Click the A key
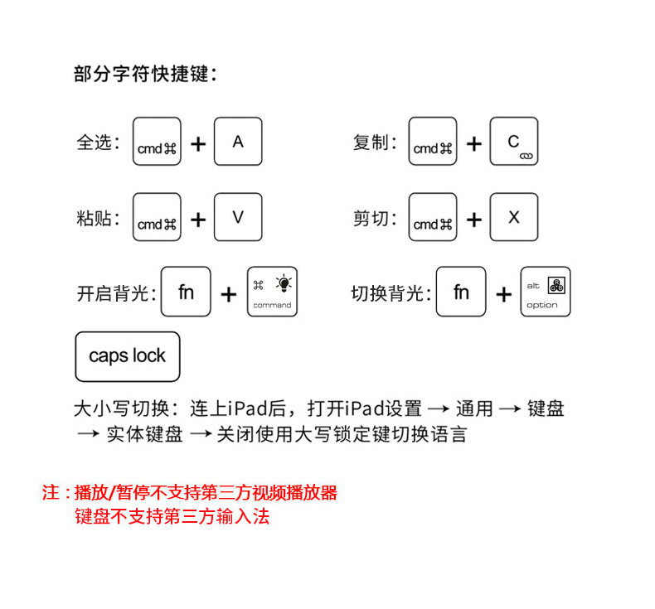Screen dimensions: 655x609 [238, 142]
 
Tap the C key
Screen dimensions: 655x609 [514, 142]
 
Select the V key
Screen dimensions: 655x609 [238, 217]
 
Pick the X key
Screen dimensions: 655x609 [514, 217]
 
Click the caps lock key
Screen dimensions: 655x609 [127, 356]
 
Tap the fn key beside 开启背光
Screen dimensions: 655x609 [186, 292]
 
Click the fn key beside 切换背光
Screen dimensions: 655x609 [461, 292]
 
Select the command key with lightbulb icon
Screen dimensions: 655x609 [272, 292]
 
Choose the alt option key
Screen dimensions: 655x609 [546, 292]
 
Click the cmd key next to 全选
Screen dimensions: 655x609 [157, 142]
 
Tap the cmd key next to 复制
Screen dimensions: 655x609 [433, 142]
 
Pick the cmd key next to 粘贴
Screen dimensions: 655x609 [157, 217]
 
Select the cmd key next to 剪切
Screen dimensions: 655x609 [433, 217]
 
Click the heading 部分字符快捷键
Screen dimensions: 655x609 [145, 75]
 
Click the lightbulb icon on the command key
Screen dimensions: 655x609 [284, 283]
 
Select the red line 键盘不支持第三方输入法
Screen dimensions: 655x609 [172, 517]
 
